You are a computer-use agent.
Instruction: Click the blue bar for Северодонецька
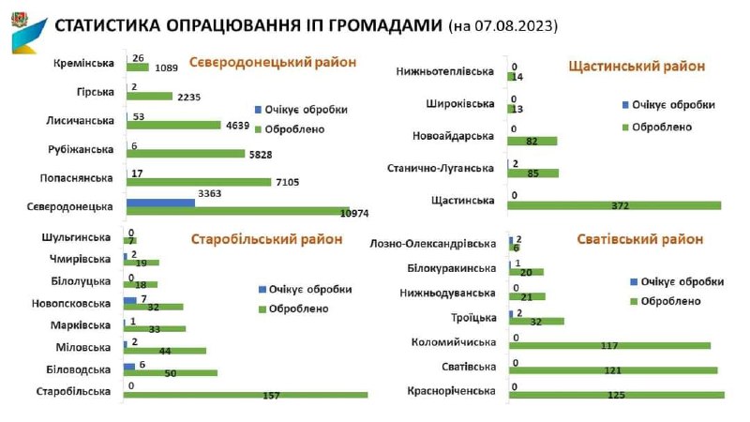(160, 202)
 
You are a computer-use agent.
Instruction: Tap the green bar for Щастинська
(615, 205)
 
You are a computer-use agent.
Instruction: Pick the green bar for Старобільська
(246, 395)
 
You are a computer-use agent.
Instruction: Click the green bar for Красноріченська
(617, 395)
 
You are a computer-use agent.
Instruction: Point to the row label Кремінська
(85, 63)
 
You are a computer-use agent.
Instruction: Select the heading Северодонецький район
(273, 63)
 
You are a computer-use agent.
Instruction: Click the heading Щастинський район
(637, 66)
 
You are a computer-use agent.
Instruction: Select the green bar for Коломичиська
(609, 345)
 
